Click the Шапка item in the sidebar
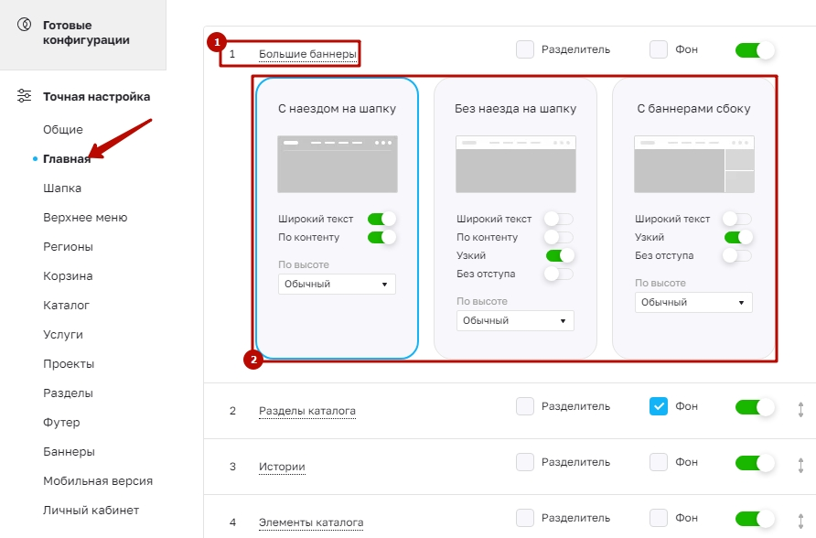[62, 188]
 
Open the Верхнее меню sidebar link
[85, 218]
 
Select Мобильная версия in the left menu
[98, 480]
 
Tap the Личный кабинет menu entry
[91, 510]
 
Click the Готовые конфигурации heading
[86, 32]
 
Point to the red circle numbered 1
[217, 42]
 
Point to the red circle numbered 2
[253, 360]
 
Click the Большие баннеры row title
[307, 54]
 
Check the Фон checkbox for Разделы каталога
[659, 406]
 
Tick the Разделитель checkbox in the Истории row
[525, 462]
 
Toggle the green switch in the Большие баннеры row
[755, 50]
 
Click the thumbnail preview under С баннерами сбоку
[693, 165]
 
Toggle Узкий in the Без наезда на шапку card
[560, 255]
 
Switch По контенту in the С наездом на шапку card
[381, 237]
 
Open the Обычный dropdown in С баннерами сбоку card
[693, 302]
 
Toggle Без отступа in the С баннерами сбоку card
[737, 255]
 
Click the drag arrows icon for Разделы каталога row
[801, 410]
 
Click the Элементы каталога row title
[311, 522]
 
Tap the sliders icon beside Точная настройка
[25, 96]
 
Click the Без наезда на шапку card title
[515, 109]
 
